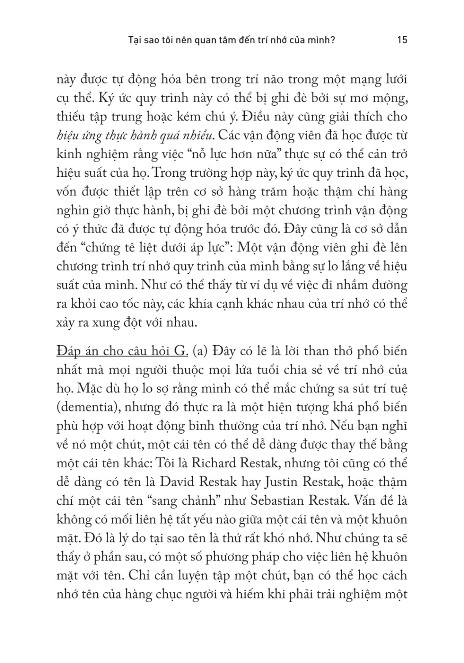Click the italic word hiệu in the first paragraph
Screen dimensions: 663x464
coord(67,135)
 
